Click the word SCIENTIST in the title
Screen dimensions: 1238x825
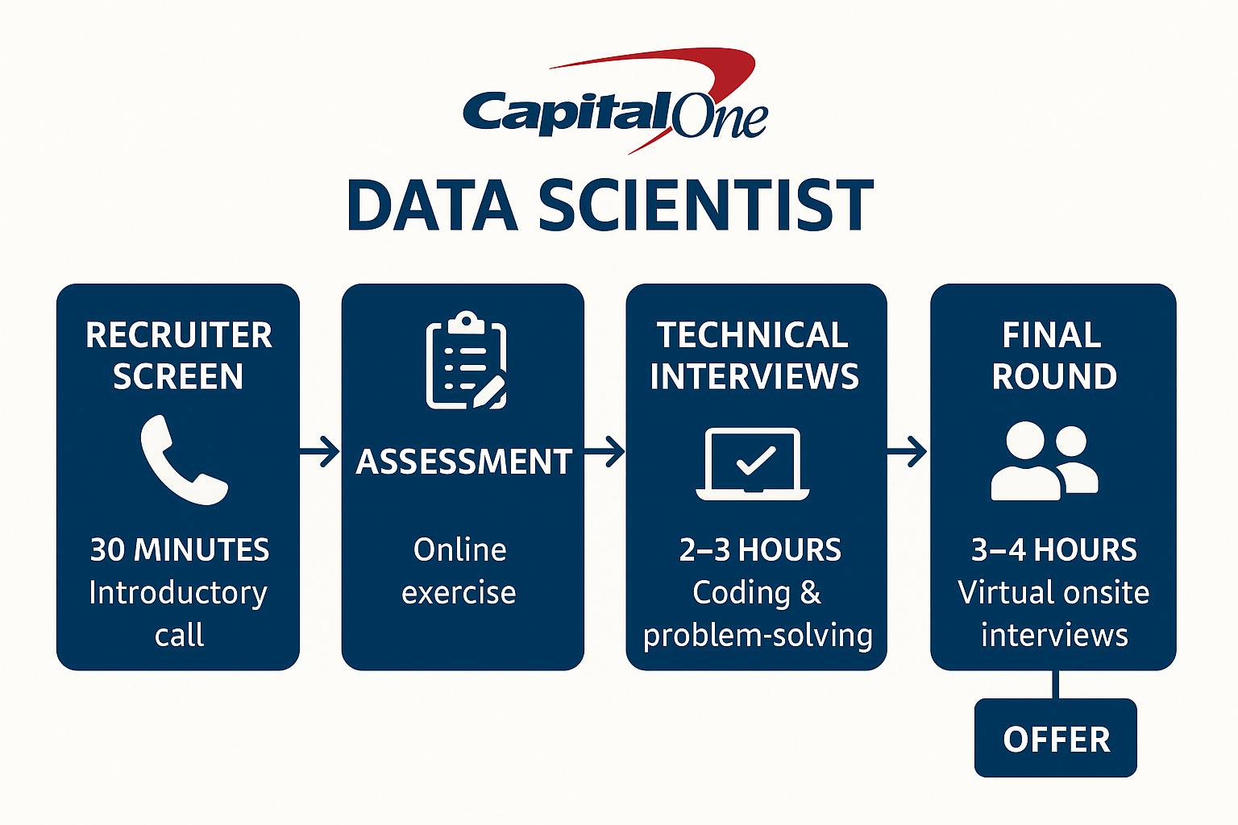pyautogui.click(x=706, y=205)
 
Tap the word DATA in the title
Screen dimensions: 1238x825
pyautogui.click(x=432, y=205)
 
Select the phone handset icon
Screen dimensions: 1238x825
pyautogui.click(x=184, y=460)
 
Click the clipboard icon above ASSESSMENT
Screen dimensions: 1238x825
pyautogui.click(x=466, y=360)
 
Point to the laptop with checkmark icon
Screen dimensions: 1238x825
pyautogui.click(x=753, y=463)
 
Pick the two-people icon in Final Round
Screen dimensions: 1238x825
pyautogui.click(x=1045, y=462)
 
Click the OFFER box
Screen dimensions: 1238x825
pyautogui.click(x=1056, y=738)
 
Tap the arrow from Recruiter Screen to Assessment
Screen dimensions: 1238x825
pyautogui.click(x=319, y=452)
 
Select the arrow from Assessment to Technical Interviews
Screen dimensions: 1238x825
pyautogui.click(x=604, y=452)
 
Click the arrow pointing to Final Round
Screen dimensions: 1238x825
pyautogui.click(x=907, y=452)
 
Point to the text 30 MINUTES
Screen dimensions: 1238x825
pyautogui.click(x=180, y=549)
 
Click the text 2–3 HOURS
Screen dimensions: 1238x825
pyautogui.click(x=760, y=549)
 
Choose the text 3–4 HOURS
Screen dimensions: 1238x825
pyautogui.click(x=1054, y=549)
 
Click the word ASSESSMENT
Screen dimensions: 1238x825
pyautogui.click(x=463, y=462)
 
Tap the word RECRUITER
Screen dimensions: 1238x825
pyautogui.click(x=178, y=335)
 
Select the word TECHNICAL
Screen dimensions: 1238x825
pyautogui.click(x=752, y=335)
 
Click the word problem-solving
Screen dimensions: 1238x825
pyautogui.click(x=758, y=636)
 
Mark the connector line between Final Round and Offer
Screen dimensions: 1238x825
pyautogui.click(x=1056, y=685)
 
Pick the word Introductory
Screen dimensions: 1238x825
pyautogui.click(x=178, y=594)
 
